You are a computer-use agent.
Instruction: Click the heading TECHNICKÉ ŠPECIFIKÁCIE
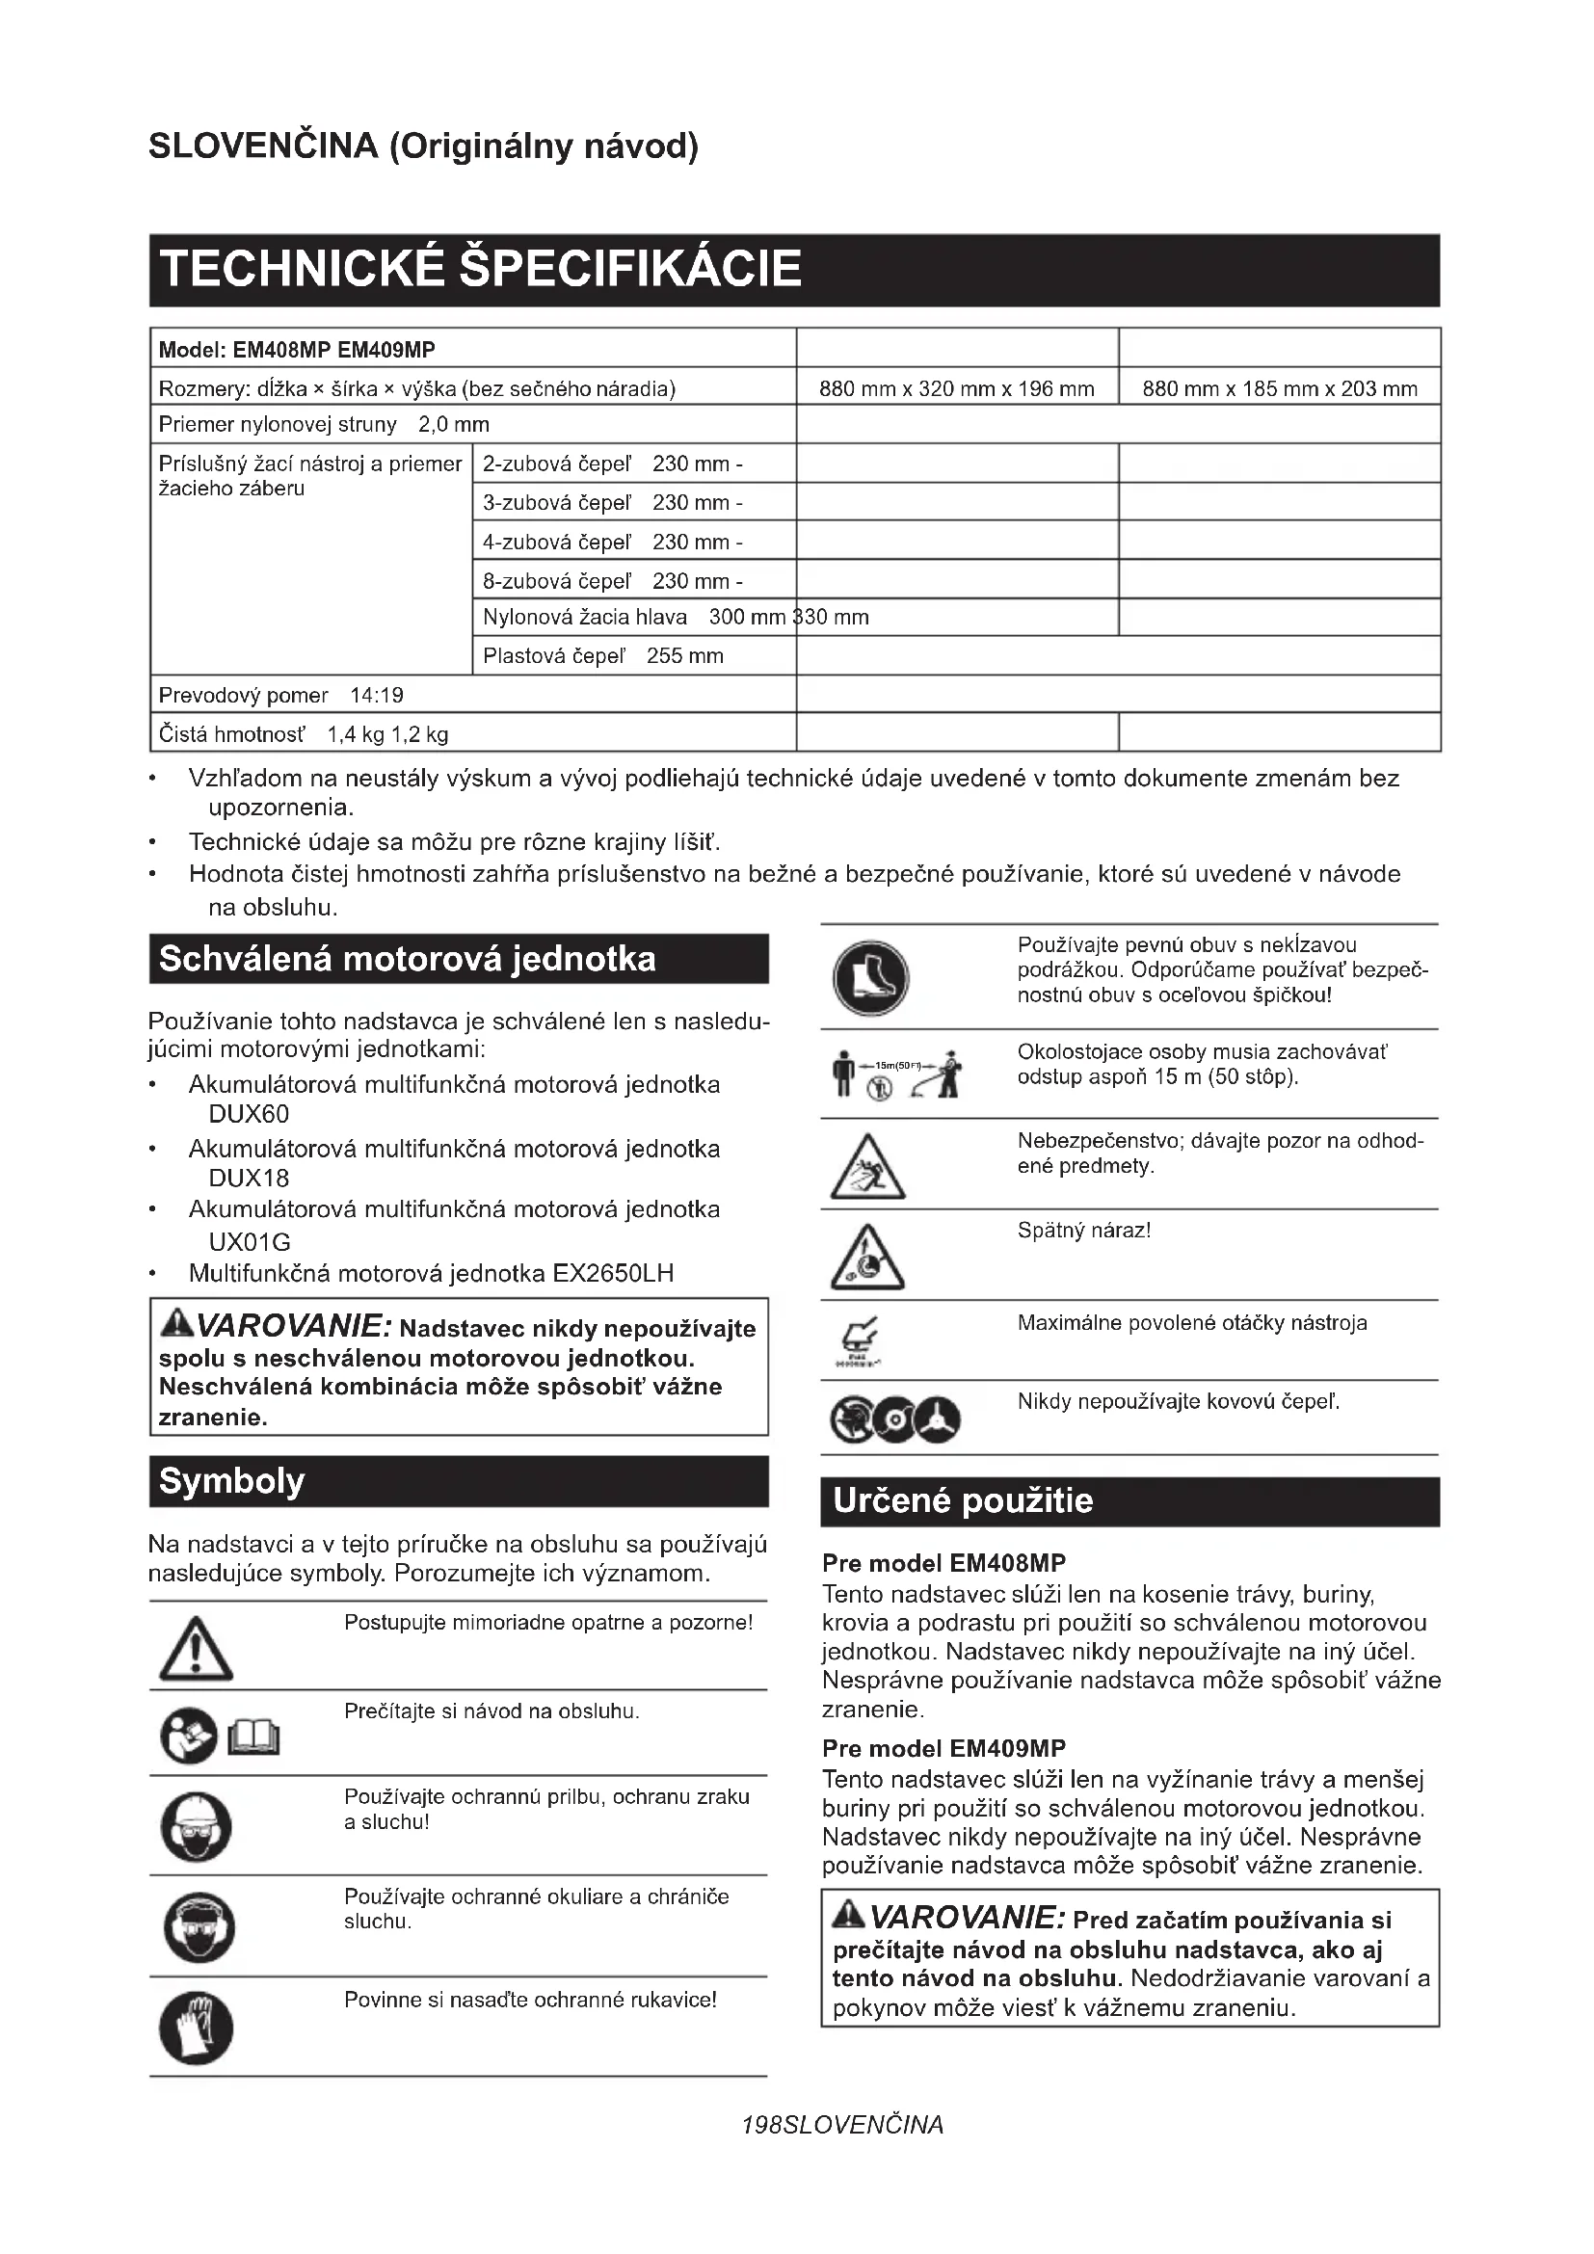(480, 269)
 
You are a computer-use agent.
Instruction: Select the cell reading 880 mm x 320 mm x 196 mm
(956, 388)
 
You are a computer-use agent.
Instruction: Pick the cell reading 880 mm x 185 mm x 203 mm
(1279, 388)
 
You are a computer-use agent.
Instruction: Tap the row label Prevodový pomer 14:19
(281, 695)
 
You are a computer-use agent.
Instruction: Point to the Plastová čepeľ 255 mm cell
(602, 656)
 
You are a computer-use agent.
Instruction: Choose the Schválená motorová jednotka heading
(408, 959)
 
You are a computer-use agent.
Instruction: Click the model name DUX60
(249, 1114)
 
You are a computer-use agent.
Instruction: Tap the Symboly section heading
(231, 1480)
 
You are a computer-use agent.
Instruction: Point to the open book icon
(253, 1738)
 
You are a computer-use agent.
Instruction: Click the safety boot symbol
(870, 979)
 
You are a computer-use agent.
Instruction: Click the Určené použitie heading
(962, 1501)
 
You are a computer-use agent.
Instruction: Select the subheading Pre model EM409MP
(943, 1748)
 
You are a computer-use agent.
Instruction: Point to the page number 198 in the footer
(761, 2126)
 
